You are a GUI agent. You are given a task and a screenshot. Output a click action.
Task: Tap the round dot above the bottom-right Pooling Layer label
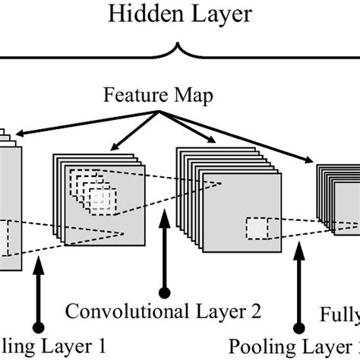pyautogui.click(x=297, y=327)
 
